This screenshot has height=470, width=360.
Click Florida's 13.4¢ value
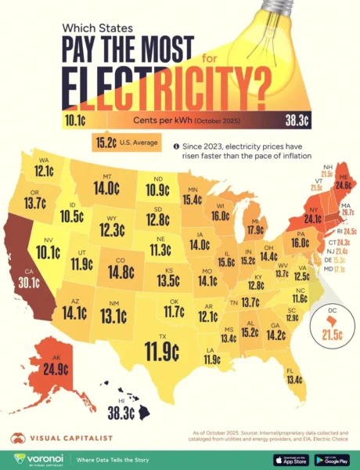(x=294, y=380)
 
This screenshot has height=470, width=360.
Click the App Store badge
(x=289, y=458)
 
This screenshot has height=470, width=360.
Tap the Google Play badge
(x=331, y=458)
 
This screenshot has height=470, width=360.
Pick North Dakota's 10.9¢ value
(x=157, y=189)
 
